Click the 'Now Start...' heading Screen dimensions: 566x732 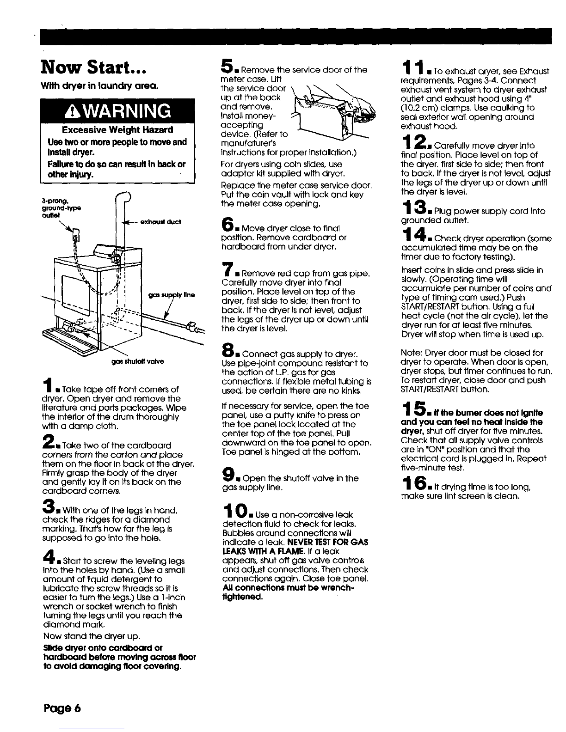[94, 67]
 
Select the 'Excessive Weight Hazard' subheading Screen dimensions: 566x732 [117, 130]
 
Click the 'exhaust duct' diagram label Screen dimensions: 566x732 [160, 222]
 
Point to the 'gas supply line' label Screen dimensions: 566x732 [172, 295]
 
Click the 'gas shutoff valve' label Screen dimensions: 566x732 [137, 361]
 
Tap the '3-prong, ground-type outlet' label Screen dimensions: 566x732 [61, 208]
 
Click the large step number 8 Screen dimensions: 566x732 [227, 350]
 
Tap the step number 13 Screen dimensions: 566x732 [413, 207]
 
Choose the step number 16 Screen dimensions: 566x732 [414, 483]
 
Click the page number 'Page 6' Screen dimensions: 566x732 [62, 708]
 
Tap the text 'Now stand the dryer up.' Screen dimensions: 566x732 [92, 636]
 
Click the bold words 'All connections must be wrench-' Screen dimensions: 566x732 [288, 588]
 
